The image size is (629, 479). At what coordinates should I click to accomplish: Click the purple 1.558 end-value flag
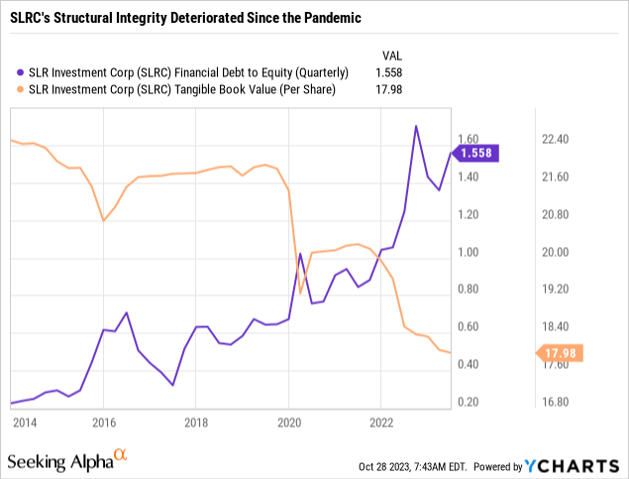[x=476, y=153]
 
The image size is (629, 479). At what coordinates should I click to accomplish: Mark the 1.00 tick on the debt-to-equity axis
[x=467, y=252]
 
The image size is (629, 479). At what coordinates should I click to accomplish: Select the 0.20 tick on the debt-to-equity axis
[x=467, y=402]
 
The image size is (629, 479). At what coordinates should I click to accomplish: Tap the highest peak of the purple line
[x=416, y=126]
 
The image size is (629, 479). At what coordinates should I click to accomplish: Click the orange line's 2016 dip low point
[x=104, y=220]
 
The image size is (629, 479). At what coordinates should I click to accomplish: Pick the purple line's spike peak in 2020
[x=300, y=255]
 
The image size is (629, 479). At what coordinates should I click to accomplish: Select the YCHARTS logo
[x=580, y=466]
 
